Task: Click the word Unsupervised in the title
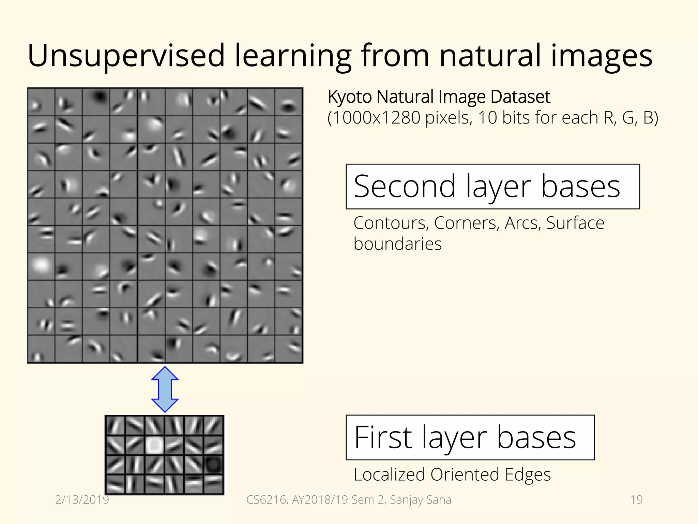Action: pos(126,56)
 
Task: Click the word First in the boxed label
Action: pos(383,437)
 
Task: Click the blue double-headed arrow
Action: pos(165,389)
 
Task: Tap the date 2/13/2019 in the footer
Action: pos(82,500)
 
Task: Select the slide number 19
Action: pos(636,500)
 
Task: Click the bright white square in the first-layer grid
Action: pos(155,445)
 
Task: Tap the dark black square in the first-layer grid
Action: pos(214,464)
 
